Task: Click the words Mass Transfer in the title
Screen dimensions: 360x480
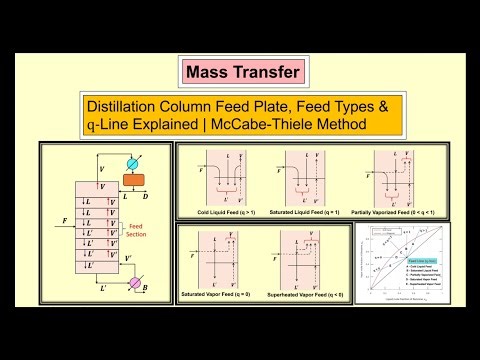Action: pos(239,71)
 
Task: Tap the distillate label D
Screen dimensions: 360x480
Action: pos(146,197)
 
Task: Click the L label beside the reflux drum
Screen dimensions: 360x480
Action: pos(124,197)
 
